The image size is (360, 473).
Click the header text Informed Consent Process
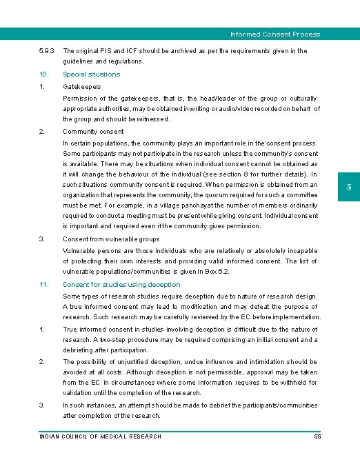(274, 34)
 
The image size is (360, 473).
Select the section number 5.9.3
(47, 51)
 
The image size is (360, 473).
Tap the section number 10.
(43, 74)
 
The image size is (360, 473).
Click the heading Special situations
(91, 74)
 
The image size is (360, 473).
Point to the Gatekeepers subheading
(82, 87)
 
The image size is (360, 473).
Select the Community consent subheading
(93, 131)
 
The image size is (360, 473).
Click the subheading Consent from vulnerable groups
(111, 239)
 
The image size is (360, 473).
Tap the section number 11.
(43, 284)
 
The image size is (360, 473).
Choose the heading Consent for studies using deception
(121, 284)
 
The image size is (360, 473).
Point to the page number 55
(317, 436)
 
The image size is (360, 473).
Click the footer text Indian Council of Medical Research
(100, 436)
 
